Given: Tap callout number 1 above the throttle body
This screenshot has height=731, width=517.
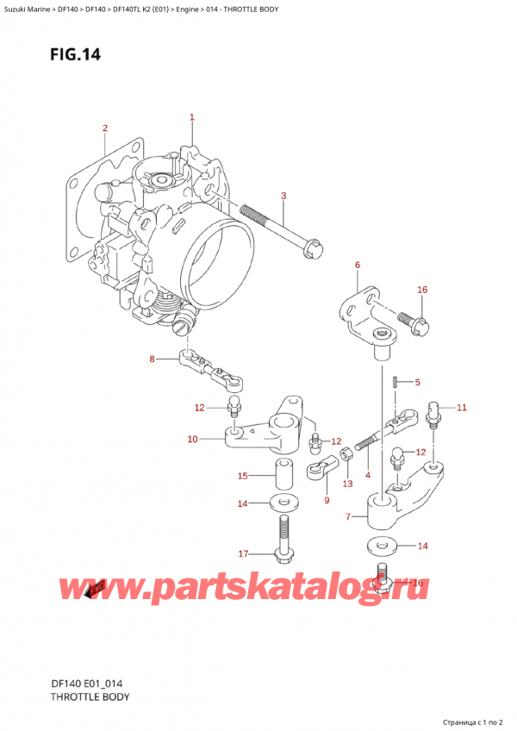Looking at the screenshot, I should pyautogui.click(x=192, y=117).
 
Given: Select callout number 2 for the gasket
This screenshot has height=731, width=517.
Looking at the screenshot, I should pyautogui.click(x=104, y=128).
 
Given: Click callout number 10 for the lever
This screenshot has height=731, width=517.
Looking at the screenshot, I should pyautogui.click(x=192, y=440).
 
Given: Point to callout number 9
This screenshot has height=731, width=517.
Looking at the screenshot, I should pyautogui.click(x=326, y=500).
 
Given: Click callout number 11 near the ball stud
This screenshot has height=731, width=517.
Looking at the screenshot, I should pyautogui.click(x=460, y=407).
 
